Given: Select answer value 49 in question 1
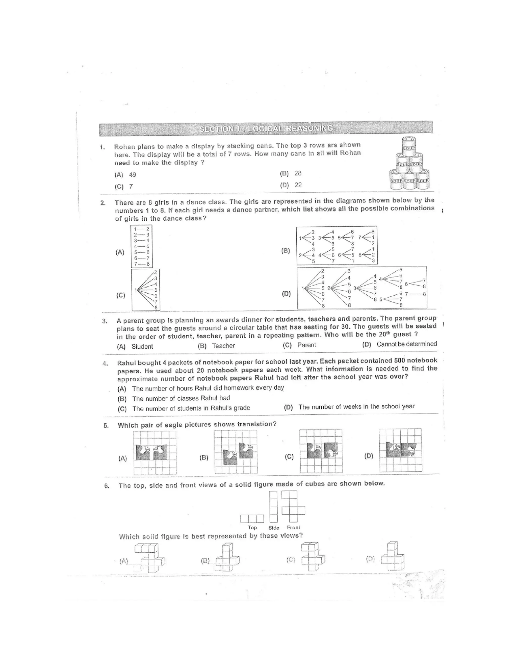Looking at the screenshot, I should click(132, 175).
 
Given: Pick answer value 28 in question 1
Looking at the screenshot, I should click(298, 173).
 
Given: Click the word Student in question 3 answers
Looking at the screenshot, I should click(142, 346).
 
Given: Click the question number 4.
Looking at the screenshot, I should click(105, 364).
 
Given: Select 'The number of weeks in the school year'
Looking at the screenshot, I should click(356, 406).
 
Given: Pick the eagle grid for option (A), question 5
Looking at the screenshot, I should click(155, 453).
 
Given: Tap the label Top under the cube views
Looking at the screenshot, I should click(252, 527).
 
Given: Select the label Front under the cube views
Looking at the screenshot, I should click(293, 527).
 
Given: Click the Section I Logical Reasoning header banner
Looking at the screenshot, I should click(266, 128).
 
